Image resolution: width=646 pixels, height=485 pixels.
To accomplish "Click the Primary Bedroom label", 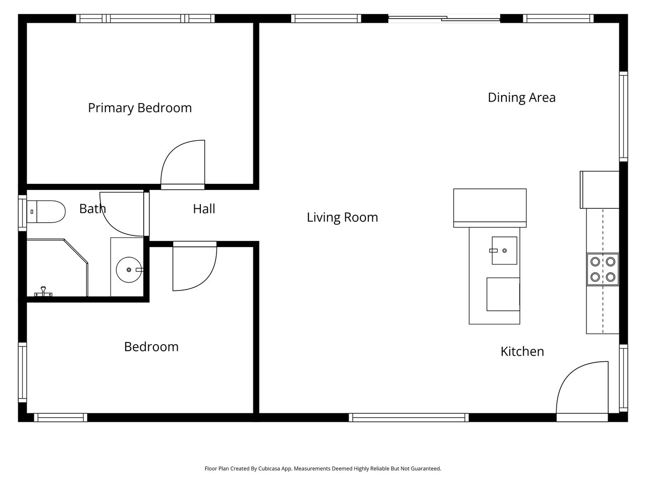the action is coord(140,108).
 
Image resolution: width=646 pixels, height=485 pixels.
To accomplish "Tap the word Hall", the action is coord(204,209).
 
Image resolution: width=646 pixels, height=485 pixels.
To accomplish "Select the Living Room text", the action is coord(342,218).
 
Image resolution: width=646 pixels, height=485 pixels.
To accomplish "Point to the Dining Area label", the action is coord(521,98).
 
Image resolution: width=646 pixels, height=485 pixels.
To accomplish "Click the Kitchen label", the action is coord(522,352).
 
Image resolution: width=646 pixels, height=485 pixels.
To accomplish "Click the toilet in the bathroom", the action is coord(46,212).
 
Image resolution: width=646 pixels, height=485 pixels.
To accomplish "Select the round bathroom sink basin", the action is coord(129,270).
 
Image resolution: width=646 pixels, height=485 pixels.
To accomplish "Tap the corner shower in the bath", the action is coord(58,268).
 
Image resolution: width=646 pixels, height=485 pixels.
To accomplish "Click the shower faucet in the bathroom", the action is coord(43,292).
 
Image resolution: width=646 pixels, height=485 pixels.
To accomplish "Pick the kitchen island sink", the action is coord(505,251).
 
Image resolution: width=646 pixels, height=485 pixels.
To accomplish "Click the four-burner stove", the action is coord(603,269).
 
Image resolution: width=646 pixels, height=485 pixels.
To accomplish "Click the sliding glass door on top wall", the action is coord(444,19).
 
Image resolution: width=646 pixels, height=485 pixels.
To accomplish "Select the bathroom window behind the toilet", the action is coord(23,213).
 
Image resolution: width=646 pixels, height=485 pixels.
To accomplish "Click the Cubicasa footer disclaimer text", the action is coord(323,468).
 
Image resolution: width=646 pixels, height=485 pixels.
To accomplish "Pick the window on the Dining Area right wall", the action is coord(623,117).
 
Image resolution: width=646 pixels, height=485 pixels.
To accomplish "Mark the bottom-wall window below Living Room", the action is coord(409,418).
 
